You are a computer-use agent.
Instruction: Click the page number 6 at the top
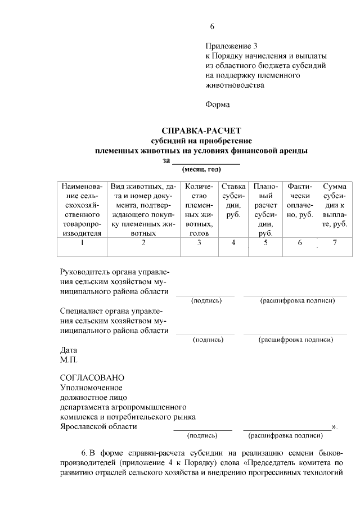212,26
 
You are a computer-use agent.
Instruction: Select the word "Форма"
218,104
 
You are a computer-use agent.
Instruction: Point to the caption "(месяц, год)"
201,169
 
